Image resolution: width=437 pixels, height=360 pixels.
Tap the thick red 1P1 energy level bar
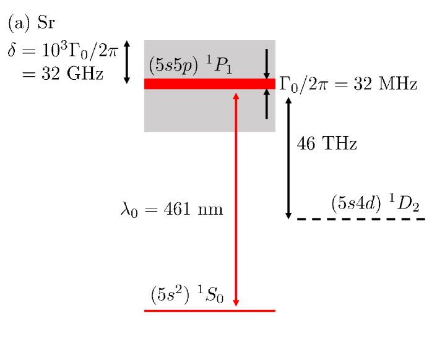186,84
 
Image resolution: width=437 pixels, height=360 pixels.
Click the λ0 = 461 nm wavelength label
171,209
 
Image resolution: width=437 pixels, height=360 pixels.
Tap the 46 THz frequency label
327,144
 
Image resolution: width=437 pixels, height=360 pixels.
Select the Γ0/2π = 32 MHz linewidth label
348,83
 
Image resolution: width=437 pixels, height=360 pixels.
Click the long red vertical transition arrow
236,198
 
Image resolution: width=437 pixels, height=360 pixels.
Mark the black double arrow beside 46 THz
288,158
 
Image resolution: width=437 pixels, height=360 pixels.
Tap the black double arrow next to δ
127,62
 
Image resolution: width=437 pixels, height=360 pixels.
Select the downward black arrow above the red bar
267,62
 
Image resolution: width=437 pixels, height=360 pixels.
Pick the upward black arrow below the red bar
267,104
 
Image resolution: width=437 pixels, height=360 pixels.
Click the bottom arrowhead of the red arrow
236,303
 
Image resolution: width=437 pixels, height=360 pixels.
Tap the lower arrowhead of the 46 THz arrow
288,214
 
